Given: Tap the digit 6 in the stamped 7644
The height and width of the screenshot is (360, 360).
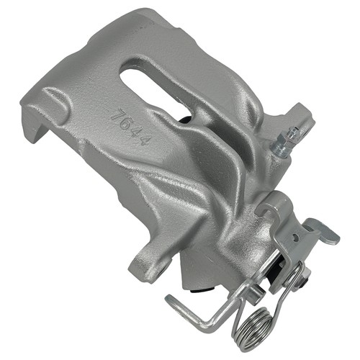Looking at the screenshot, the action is tap(127, 124).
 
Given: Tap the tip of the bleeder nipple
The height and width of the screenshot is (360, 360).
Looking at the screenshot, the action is tap(297, 129).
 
